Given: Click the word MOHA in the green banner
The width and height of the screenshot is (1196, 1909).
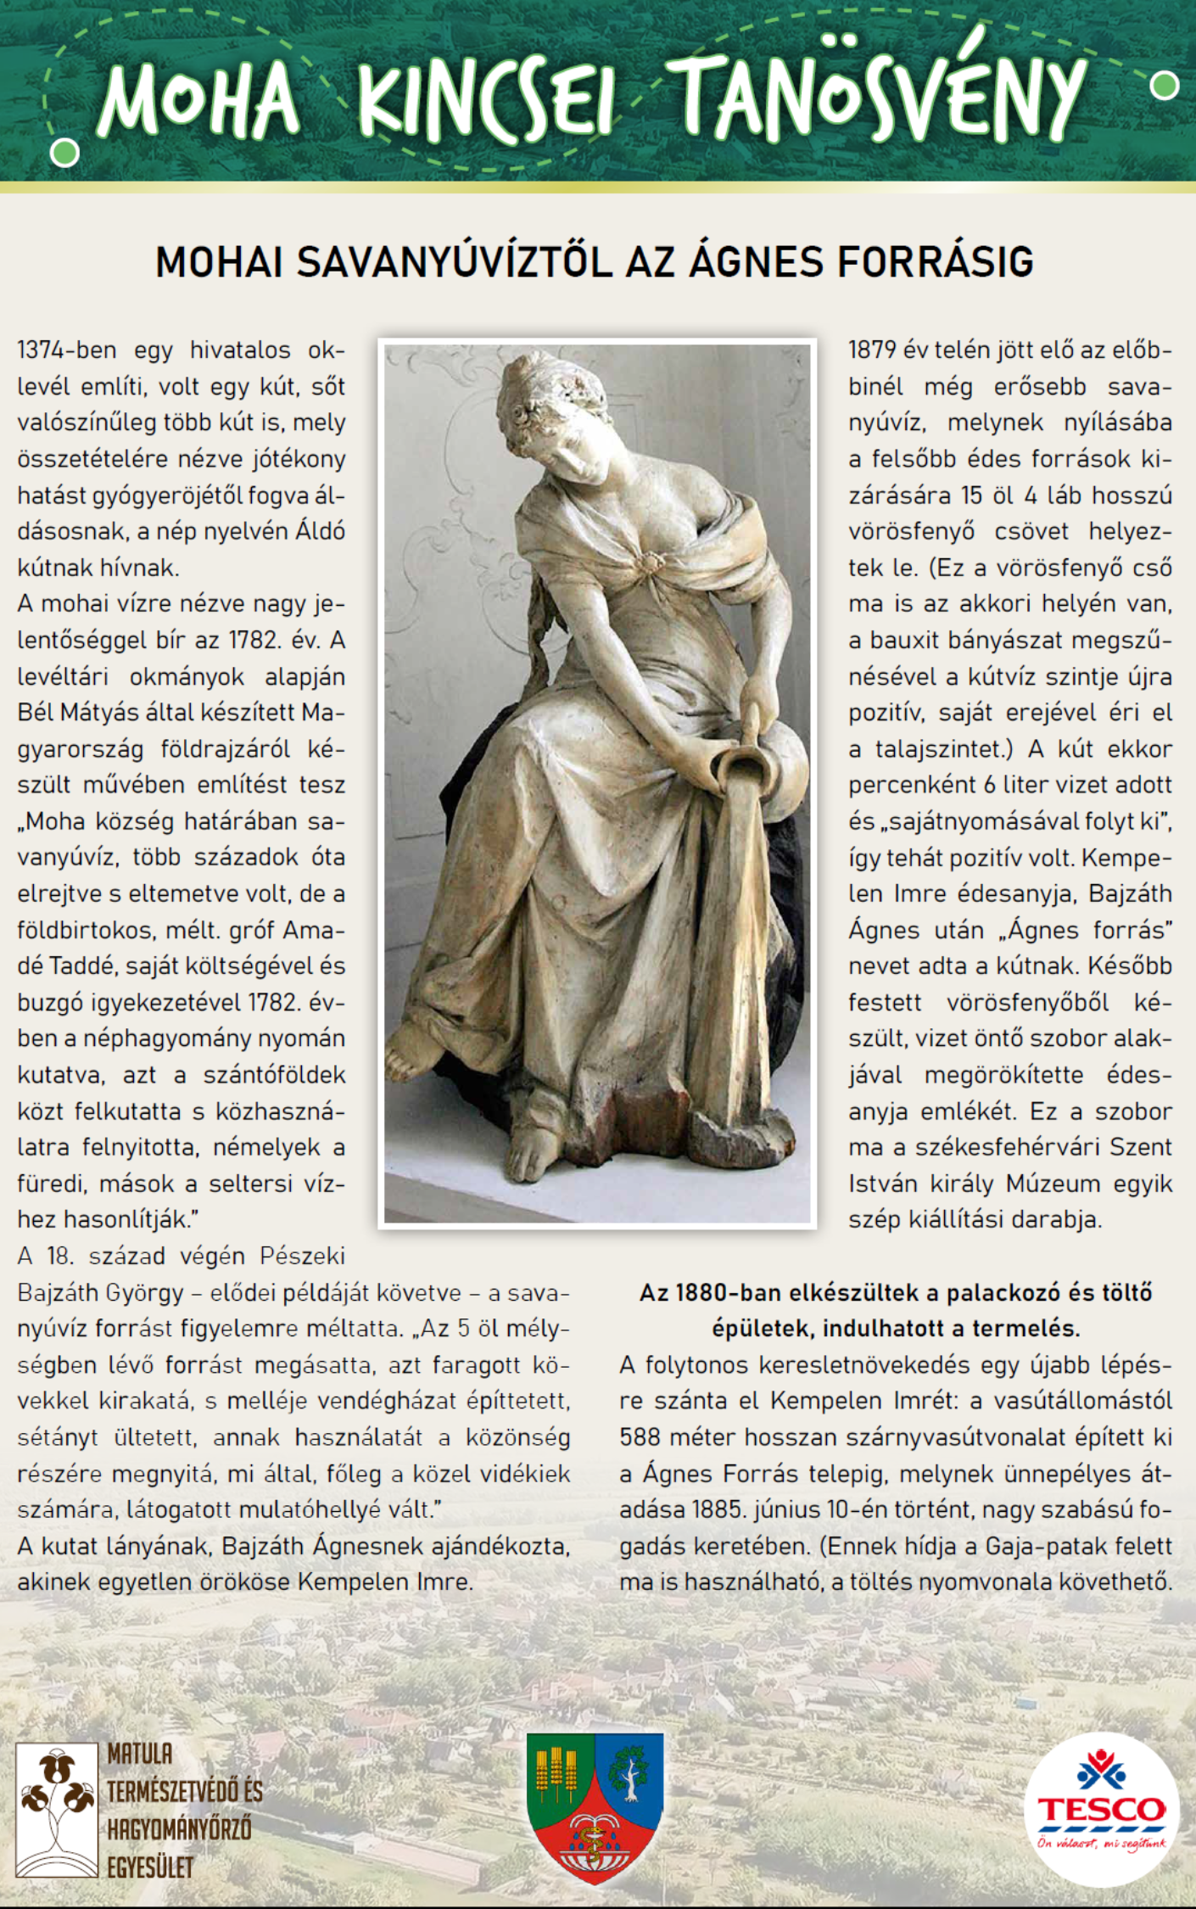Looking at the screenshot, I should click(199, 100).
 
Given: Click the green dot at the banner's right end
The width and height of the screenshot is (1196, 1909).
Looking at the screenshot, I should click(1165, 85).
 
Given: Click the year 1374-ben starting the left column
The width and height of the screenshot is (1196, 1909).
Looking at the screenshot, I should click(67, 350).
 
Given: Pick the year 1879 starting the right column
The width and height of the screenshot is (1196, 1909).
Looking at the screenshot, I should click(873, 350).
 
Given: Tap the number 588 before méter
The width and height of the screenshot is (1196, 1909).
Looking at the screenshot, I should click(641, 1437).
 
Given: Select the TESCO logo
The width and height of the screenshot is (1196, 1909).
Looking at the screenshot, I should click(1101, 1809).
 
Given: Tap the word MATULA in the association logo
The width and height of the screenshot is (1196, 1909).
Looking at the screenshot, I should click(140, 1755).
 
